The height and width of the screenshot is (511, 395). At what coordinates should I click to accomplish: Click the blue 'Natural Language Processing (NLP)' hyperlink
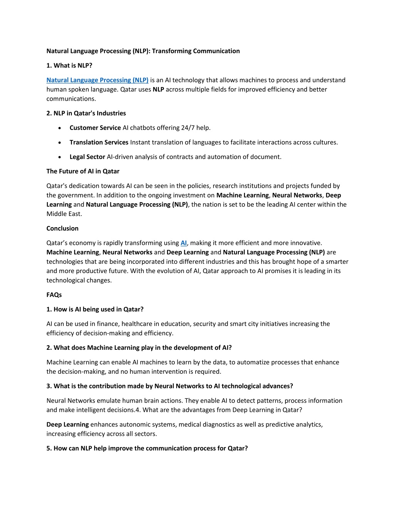(97, 80)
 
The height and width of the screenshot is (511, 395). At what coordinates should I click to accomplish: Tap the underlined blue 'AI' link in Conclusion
(184, 243)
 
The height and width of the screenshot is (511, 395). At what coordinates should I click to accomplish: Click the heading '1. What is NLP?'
(69, 66)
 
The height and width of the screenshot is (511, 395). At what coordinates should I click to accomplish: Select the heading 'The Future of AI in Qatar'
(83, 171)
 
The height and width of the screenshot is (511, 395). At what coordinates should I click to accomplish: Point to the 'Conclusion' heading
(62, 228)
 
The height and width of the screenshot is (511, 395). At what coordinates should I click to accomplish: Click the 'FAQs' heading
(54, 295)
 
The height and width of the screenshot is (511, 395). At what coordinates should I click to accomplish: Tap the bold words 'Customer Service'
(95, 128)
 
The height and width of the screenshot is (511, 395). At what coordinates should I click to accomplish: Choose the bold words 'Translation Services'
(99, 142)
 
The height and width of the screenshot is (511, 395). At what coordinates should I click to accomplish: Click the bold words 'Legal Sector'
(87, 157)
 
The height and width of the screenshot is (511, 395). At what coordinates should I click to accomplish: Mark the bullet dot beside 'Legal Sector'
(59, 157)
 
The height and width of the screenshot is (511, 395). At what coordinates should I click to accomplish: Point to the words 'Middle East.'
(64, 214)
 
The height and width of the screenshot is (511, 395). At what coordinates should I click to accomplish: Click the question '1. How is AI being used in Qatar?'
(95, 309)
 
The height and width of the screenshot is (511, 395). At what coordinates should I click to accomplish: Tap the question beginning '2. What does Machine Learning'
(139, 347)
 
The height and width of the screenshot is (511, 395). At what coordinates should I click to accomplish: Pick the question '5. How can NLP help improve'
(147, 448)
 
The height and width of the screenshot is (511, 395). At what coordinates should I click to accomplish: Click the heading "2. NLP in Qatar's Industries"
(86, 113)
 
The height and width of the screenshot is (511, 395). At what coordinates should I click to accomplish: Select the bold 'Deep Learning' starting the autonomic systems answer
(68, 424)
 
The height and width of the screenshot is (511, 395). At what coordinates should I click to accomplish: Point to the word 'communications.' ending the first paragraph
(71, 99)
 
